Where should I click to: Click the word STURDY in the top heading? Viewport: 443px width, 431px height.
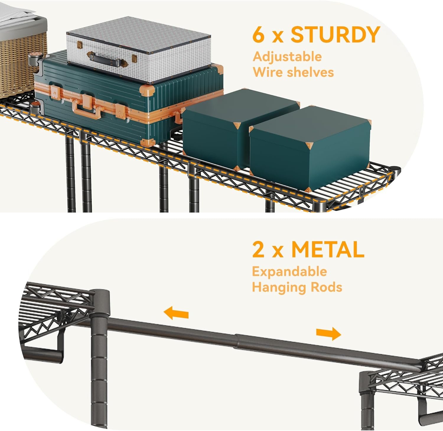[335, 35]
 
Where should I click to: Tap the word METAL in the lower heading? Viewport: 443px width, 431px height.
[328, 249]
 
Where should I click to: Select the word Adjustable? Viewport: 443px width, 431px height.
[287, 57]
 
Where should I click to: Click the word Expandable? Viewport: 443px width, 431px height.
[289, 272]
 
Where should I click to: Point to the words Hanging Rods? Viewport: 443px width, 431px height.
[297, 287]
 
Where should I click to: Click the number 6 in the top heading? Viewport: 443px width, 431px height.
[258, 35]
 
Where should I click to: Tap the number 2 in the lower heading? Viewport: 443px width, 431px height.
[258, 250]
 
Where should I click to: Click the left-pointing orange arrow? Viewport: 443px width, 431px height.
[176, 313]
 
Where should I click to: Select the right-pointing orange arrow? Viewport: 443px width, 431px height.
[328, 334]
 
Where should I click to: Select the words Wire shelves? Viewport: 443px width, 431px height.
[293, 72]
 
